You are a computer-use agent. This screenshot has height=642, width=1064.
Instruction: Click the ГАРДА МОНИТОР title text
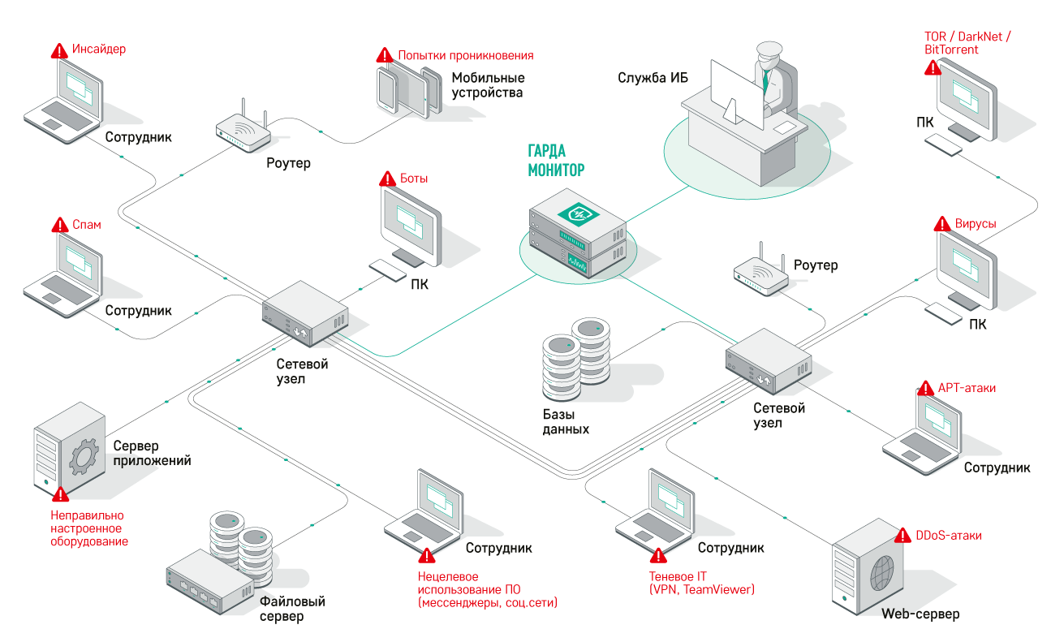click(557, 161)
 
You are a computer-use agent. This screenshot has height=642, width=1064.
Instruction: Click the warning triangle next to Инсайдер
click(60, 50)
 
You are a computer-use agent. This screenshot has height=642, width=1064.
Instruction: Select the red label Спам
click(87, 225)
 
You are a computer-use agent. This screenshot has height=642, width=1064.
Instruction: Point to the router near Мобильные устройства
click(243, 131)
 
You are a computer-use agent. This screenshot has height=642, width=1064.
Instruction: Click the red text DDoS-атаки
click(949, 536)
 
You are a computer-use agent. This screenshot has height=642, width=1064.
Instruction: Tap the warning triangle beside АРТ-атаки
click(925, 388)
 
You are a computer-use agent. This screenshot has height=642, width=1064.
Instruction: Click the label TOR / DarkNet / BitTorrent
click(967, 43)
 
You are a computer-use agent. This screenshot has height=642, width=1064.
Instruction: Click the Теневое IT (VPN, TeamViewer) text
click(702, 583)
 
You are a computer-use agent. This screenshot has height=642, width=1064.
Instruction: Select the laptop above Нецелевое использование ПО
click(424, 511)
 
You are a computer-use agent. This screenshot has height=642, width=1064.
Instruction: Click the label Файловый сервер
click(292, 609)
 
